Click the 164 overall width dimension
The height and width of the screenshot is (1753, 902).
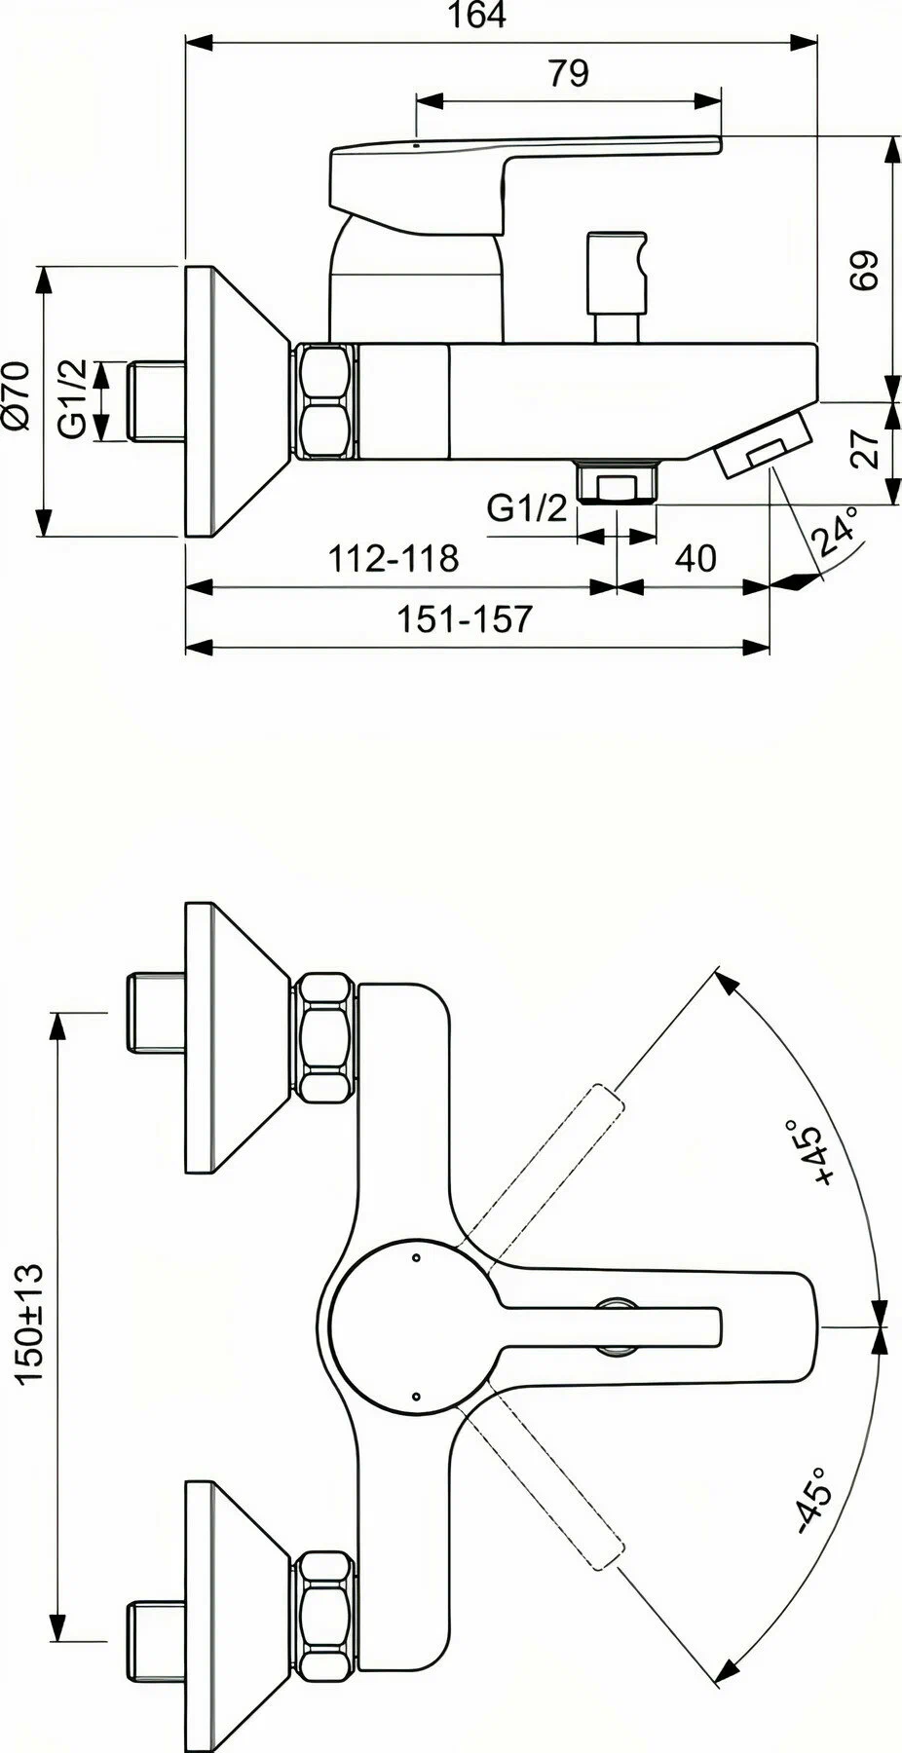click(x=479, y=17)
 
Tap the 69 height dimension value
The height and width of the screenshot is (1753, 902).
click(x=865, y=270)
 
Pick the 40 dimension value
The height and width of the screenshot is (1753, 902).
click(x=695, y=558)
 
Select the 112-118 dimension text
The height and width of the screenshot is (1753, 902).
click(x=393, y=558)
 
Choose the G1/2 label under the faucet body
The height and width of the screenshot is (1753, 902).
click(x=526, y=507)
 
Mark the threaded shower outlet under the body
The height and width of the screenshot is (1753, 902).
click(x=616, y=483)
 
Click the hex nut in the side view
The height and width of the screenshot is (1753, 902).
click(x=324, y=400)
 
